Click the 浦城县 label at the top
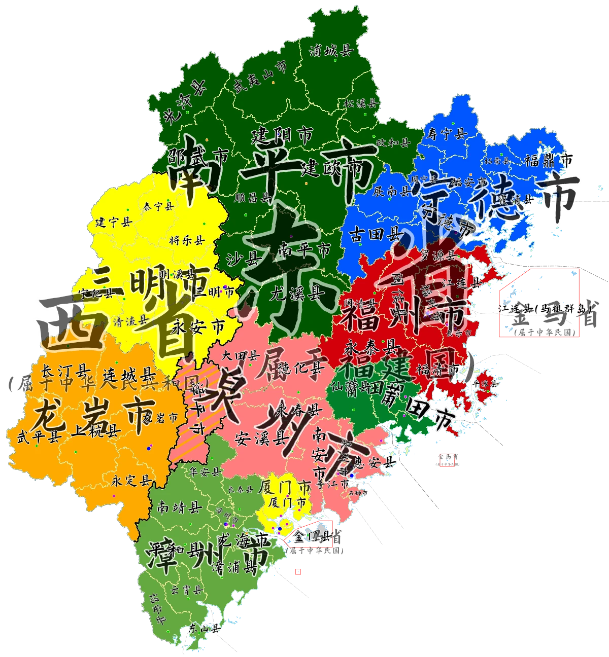click(331, 50)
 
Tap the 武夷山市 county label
click(259, 77)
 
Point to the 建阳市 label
click(282, 135)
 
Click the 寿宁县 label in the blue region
click(447, 134)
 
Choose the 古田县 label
click(374, 234)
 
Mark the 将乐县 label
click(186, 240)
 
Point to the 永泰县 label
click(370, 347)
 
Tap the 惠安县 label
click(375, 462)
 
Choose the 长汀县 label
click(65, 371)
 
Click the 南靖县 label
click(180, 506)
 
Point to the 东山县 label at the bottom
click(204, 629)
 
